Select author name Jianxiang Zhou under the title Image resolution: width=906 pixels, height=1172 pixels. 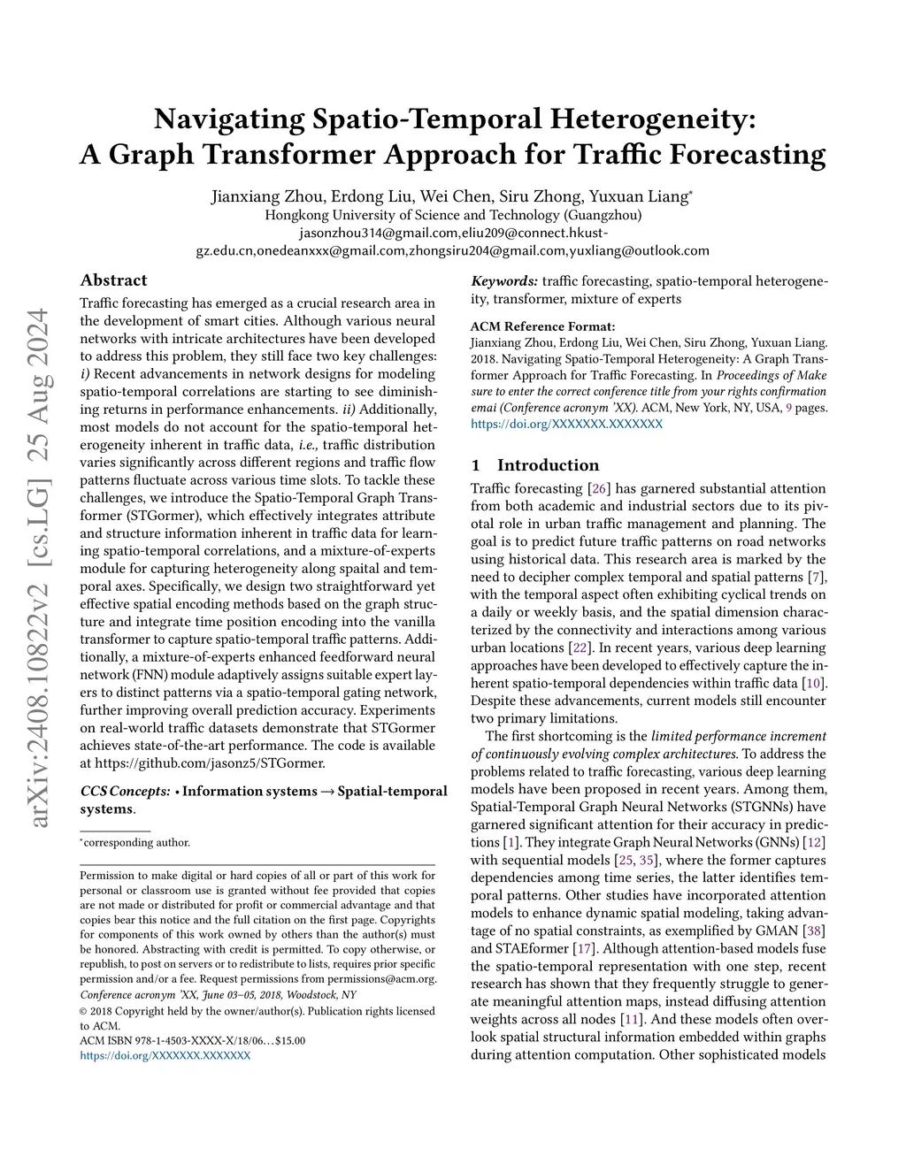pyautogui.click(x=258, y=196)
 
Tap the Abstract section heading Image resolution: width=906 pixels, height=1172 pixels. pyautogui.click(x=113, y=280)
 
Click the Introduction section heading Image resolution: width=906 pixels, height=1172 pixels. pyautogui.click(x=548, y=465)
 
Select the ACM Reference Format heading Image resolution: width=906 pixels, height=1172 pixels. pyautogui.click(x=542, y=326)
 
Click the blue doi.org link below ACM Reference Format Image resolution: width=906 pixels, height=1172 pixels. pyautogui.click(x=566, y=424)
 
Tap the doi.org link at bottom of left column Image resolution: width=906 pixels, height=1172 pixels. pyautogui.click(x=165, y=1055)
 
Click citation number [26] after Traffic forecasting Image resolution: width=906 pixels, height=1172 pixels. pyautogui.click(x=598, y=488)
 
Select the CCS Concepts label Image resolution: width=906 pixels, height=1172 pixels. pyautogui.click(x=125, y=791)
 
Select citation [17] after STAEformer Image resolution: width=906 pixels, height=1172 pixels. pyautogui.click(x=583, y=948)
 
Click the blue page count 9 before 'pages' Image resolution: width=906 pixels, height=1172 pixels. pyautogui.click(x=788, y=408)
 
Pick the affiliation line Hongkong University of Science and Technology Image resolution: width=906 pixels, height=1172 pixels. pyautogui.click(x=453, y=215)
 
